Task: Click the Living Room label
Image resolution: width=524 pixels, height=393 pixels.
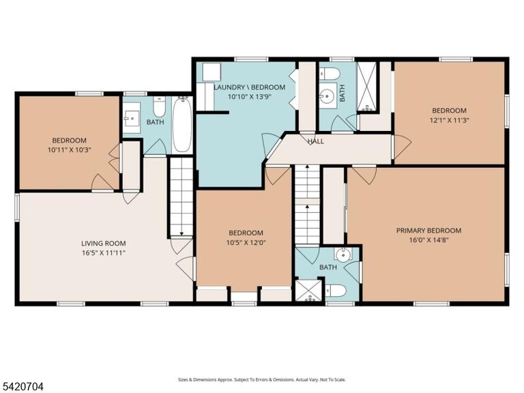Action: (x=104, y=244)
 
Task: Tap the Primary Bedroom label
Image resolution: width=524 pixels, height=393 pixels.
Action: (x=428, y=230)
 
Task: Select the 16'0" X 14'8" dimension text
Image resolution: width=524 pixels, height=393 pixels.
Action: (x=428, y=239)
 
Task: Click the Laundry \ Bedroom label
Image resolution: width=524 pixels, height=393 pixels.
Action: (x=249, y=87)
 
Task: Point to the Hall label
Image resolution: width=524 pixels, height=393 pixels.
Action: (x=315, y=141)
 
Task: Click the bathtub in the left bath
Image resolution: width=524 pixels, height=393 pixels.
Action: (x=182, y=124)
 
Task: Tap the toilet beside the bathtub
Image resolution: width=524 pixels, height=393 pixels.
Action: (x=159, y=106)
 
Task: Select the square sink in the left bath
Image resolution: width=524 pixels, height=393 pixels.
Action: (x=132, y=118)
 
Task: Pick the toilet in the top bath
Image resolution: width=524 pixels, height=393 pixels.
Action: (x=329, y=74)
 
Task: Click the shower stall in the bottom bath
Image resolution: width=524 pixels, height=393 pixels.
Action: (x=308, y=291)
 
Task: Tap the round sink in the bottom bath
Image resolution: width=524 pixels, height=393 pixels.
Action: (x=343, y=256)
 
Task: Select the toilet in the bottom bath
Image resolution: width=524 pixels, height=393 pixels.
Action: (x=336, y=291)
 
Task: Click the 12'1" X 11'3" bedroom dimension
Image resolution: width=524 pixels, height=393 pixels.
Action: (x=450, y=120)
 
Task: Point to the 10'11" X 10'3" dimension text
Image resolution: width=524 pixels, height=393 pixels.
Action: (x=69, y=149)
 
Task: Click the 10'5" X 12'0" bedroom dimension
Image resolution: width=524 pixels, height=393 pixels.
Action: (x=246, y=242)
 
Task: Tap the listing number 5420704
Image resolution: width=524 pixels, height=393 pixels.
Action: (x=22, y=387)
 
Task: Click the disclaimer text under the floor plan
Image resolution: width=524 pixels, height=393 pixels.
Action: (x=262, y=379)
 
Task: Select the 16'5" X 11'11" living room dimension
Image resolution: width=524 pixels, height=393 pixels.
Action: (x=104, y=252)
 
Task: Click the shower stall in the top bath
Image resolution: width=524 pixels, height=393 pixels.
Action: (x=367, y=87)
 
